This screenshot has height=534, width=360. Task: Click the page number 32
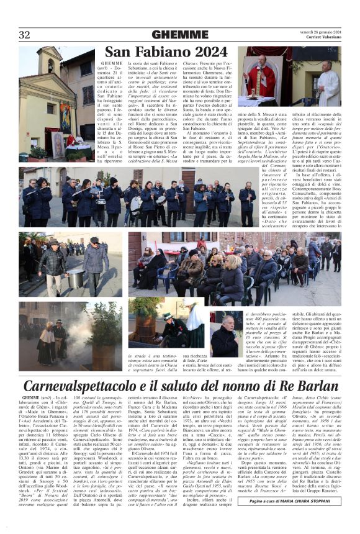[x=24, y=34]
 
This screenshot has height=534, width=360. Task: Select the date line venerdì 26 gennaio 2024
[x=319, y=31]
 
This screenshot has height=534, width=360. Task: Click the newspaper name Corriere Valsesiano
[x=323, y=38]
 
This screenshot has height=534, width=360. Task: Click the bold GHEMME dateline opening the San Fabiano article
[x=112, y=63]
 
